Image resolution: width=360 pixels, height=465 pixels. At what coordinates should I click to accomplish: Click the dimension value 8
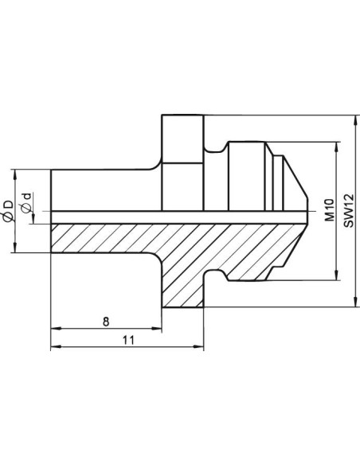click(106, 321)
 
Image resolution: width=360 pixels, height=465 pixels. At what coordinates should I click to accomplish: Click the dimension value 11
click(128, 339)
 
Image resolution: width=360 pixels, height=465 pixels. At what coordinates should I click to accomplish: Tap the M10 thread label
click(329, 210)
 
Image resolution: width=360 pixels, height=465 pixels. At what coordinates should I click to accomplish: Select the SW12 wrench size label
click(349, 210)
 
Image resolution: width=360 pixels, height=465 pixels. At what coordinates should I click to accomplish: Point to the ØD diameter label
click(8, 211)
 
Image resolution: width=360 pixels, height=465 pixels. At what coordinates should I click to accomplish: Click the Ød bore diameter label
click(27, 203)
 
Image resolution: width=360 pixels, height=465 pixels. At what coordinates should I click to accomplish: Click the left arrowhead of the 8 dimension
click(56, 328)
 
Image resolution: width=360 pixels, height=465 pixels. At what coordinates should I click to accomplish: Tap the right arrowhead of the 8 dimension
click(157, 328)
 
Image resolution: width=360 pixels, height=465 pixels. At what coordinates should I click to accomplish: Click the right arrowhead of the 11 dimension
click(198, 346)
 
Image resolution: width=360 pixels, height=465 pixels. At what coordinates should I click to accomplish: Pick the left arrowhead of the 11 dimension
click(56, 346)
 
